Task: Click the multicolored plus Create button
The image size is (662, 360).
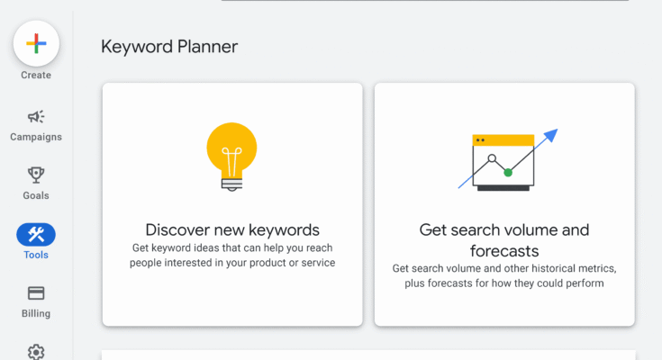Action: click(x=36, y=42)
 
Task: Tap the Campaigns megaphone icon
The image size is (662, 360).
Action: click(x=36, y=117)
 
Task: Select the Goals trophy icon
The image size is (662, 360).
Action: click(x=36, y=175)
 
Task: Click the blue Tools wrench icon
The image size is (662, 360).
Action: click(x=36, y=235)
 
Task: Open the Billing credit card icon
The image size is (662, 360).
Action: click(x=36, y=293)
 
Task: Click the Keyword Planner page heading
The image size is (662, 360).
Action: click(x=168, y=47)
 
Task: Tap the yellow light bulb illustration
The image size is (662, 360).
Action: click(x=231, y=149)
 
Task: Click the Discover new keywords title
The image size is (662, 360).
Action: click(x=232, y=229)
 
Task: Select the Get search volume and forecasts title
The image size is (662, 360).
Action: click(x=504, y=239)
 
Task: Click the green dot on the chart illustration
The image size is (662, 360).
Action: click(x=508, y=172)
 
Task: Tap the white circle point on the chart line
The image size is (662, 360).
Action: click(x=492, y=158)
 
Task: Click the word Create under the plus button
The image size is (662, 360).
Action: click(x=36, y=76)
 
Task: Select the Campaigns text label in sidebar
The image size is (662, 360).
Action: click(x=36, y=138)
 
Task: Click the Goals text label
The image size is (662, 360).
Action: click(x=36, y=195)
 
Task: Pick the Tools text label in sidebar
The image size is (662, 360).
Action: click(x=36, y=255)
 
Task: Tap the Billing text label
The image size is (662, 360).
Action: click(x=36, y=314)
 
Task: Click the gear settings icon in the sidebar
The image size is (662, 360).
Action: click(x=36, y=352)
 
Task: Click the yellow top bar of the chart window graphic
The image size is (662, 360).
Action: click(x=503, y=140)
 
